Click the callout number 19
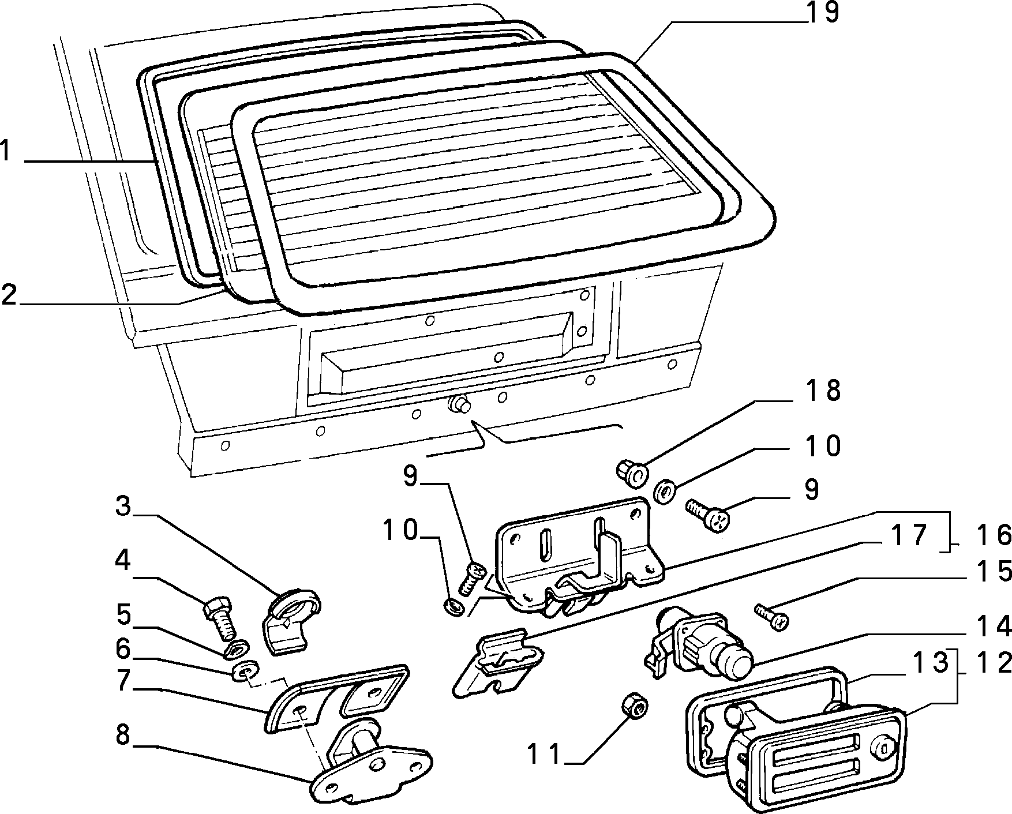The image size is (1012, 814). [822, 13]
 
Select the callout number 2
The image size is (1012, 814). [8, 295]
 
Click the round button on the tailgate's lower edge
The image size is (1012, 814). [459, 404]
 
